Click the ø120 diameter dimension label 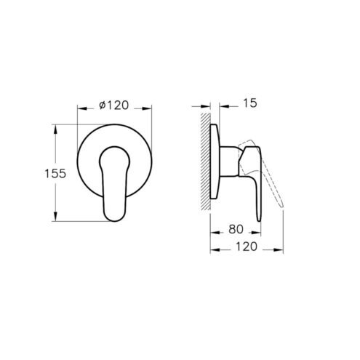(114, 105)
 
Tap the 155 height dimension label (55, 174)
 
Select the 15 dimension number (250, 103)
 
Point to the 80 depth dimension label (236, 229)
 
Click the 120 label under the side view (246, 247)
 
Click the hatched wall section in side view (205, 161)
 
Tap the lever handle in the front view (115, 183)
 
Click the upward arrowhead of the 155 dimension (55, 129)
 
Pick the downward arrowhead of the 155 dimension (55, 216)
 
